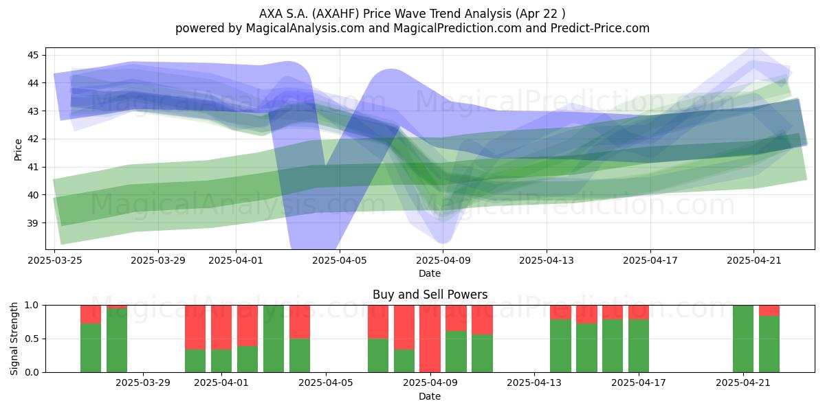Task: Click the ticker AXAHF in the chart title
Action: click(x=337, y=14)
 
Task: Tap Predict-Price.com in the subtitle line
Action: click(x=600, y=28)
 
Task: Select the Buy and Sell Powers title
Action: click(x=430, y=295)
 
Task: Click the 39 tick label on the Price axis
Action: click(x=33, y=223)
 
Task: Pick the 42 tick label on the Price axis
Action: click(x=33, y=139)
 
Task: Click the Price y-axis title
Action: click(x=18, y=150)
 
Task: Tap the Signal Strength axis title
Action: click(x=14, y=339)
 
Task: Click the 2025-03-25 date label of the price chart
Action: click(x=55, y=260)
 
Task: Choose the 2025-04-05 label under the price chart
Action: click(x=340, y=260)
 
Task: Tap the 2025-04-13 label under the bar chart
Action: click(x=534, y=383)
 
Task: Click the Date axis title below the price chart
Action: click(x=430, y=273)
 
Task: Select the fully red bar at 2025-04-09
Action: click(x=430, y=339)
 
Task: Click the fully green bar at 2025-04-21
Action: click(x=743, y=339)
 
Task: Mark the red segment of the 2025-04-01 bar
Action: click(x=221, y=328)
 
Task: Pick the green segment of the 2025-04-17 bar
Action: click(x=639, y=346)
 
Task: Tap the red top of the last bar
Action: click(x=769, y=310)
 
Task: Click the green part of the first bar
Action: click(x=91, y=347)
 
